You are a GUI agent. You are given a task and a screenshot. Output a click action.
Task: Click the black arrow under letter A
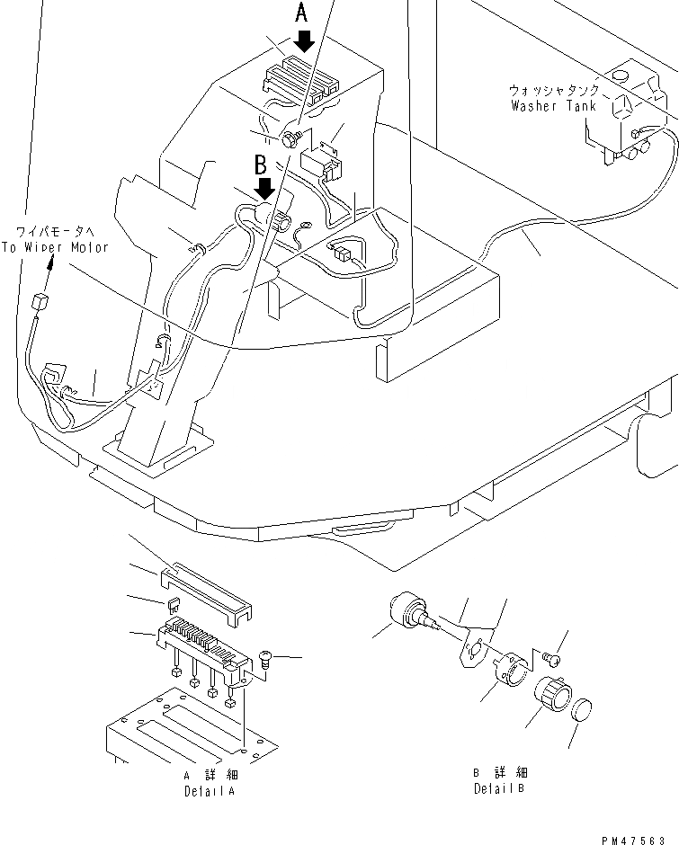click(304, 40)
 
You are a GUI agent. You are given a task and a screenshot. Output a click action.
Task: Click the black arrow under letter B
click(264, 188)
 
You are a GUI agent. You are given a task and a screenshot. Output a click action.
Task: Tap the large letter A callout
click(303, 13)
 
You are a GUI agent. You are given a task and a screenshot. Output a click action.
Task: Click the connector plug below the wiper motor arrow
click(38, 303)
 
